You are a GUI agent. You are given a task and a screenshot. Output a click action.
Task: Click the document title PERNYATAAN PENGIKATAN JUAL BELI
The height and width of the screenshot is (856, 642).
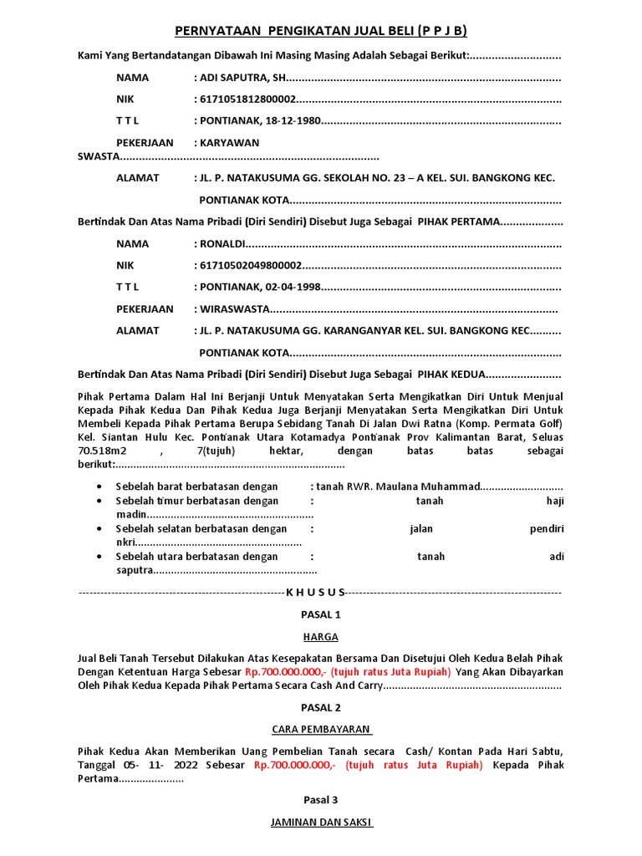pos(320,32)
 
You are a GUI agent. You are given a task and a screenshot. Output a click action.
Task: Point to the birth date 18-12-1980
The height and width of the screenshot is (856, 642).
pos(293,121)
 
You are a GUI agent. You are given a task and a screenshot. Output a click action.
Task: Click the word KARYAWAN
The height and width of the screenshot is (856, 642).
pos(229,143)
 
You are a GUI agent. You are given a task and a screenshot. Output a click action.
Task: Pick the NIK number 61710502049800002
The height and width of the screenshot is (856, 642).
pos(250,266)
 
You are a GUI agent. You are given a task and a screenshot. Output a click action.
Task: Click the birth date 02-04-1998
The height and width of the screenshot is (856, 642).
pos(293,288)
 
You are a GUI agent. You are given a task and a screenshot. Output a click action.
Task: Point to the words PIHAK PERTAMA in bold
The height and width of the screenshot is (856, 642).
pos(459,222)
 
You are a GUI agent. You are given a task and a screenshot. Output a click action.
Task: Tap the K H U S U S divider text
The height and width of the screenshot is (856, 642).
pos(315,592)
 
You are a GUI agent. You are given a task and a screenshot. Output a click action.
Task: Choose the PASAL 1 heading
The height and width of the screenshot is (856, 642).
pos(321,614)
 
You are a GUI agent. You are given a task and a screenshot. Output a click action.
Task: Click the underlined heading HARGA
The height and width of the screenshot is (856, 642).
pos(321,637)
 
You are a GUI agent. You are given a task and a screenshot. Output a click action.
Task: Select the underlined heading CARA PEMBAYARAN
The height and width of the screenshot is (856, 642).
pos(321,728)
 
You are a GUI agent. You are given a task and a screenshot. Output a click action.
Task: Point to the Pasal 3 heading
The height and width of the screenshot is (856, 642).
pos(321,799)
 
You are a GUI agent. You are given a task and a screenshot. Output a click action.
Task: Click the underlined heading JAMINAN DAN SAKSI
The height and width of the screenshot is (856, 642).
pos(321,822)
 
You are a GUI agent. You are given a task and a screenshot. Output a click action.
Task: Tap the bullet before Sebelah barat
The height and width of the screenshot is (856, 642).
pos(100,487)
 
